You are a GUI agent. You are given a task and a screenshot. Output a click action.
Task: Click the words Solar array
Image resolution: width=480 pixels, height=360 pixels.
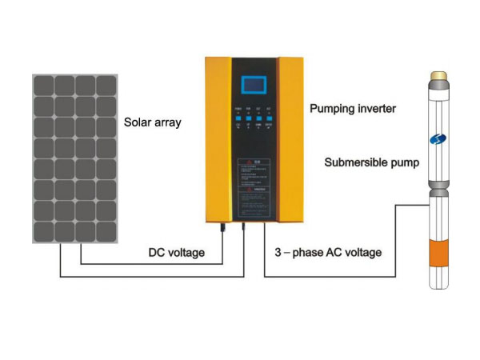(x=153, y=123)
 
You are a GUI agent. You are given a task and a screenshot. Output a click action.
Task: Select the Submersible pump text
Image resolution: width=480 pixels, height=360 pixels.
(x=372, y=162)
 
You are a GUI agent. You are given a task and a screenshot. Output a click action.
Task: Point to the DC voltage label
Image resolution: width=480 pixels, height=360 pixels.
(x=177, y=253)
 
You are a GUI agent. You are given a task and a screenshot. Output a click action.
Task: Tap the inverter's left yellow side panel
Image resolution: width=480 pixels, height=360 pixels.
(x=218, y=140)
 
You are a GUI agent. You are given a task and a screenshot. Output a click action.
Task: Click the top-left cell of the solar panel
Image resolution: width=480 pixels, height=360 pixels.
(x=43, y=86)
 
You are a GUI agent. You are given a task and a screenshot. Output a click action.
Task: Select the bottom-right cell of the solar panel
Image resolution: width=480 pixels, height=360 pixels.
(x=106, y=231)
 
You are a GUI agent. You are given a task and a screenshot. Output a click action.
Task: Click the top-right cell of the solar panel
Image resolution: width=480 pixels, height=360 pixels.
(x=106, y=86)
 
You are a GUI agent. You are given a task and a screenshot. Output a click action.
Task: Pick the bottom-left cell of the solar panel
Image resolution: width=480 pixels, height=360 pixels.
(x=43, y=231)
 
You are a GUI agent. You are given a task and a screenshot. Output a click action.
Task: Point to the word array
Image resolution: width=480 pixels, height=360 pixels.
(x=168, y=124)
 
